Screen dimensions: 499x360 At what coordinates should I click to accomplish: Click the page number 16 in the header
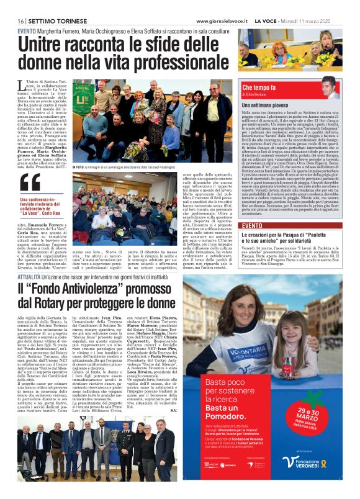[x=20, y=21]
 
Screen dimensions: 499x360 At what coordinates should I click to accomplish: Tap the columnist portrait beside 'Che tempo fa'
[x=333, y=88]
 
